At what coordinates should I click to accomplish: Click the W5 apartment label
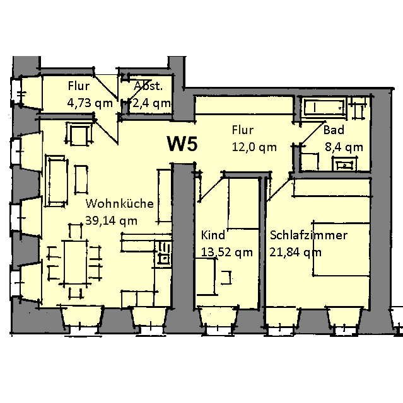(x=182, y=144)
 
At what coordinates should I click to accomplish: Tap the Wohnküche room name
(x=120, y=203)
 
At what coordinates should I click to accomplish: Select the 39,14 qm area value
(x=111, y=221)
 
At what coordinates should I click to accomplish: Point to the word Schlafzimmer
(x=308, y=235)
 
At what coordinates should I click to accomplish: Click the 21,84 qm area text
(x=295, y=252)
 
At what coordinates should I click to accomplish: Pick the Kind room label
(x=213, y=235)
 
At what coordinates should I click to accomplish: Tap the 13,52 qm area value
(x=226, y=252)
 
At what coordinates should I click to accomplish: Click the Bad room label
(x=334, y=130)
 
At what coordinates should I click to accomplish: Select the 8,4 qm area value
(x=344, y=147)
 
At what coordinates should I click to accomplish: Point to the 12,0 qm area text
(x=254, y=147)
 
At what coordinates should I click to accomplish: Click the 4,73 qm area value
(x=90, y=103)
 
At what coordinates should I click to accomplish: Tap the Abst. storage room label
(x=148, y=86)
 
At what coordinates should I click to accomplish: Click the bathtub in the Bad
(x=324, y=108)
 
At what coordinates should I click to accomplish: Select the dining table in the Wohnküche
(x=76, y=261)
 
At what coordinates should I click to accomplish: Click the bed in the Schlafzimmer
(x=341, y=248)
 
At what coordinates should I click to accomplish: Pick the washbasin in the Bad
(x=344, y=164)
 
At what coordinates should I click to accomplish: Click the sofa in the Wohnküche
(x=56, y=181)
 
